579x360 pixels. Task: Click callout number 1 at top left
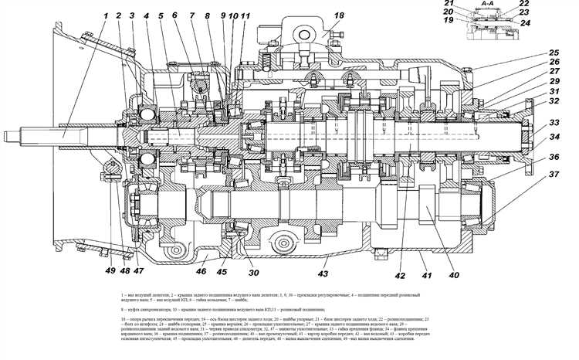[x=103, y=15]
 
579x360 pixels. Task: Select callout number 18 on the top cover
[x=339, y=16]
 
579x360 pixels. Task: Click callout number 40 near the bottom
[x=453, y=275]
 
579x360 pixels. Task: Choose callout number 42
[x=398, y=275]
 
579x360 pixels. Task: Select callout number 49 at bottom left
[x=110, y=271]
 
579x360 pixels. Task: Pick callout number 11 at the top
[x=245, y=16]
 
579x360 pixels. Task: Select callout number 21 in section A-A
[x=470, y=5]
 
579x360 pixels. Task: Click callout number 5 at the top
[x=160, y=16]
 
